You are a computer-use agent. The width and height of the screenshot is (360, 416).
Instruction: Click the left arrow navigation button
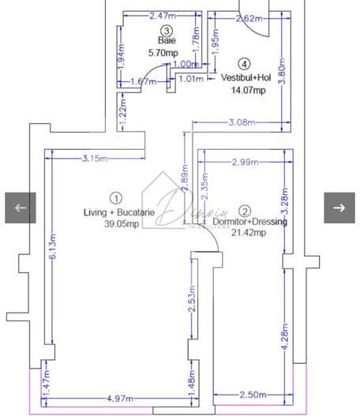point(21,208)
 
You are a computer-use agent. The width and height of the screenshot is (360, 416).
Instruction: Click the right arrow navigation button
point(339,208)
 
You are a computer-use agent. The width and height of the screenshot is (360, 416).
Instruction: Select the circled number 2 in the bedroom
point(245,211)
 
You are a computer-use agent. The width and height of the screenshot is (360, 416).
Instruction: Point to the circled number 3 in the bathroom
point(166,30)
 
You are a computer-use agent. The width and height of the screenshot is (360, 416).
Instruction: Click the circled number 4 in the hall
point(245,64)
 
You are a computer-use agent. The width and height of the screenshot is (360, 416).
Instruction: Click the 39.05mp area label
point(122,224)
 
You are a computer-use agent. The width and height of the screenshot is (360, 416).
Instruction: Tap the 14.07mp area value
point(248,90)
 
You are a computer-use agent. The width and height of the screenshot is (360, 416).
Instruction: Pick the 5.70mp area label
point(164,53)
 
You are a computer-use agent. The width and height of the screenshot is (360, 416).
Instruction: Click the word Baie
point(166,41)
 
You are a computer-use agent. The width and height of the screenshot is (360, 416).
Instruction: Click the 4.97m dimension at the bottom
point(119,398)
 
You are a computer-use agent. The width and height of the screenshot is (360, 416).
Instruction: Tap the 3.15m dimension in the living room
point(95,159)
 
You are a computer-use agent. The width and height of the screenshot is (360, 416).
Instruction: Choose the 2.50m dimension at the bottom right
point(253,395)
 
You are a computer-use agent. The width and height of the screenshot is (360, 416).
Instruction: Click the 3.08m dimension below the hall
point(241,122)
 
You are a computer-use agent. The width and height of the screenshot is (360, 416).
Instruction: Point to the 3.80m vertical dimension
point(283,72)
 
